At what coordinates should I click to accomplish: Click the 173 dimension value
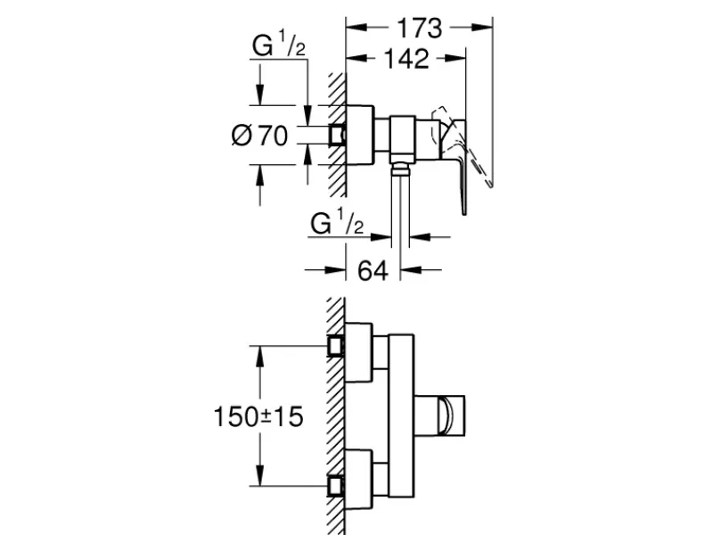[419, 29]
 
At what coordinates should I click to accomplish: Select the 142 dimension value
[406, 59]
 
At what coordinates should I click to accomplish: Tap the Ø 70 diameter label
[259, 136]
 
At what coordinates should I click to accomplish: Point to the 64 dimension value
[373, 271]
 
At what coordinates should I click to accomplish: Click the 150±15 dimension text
[258, 416]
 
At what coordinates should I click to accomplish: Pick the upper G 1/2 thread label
[279, 45]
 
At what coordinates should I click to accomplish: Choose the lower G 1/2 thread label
[337, 223]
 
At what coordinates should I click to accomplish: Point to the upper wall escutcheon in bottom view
[359, 352]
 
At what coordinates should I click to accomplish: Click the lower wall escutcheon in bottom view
[359, 479]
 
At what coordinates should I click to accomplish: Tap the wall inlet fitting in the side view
[337, 136]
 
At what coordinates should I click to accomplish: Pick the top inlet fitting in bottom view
[336, 346]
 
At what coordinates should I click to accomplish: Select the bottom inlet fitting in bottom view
[336, 486]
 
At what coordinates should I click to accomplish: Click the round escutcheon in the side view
[359, 136]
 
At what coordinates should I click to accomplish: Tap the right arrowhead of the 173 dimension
[482, 29]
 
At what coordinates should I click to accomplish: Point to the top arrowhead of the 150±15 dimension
[259, 357]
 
